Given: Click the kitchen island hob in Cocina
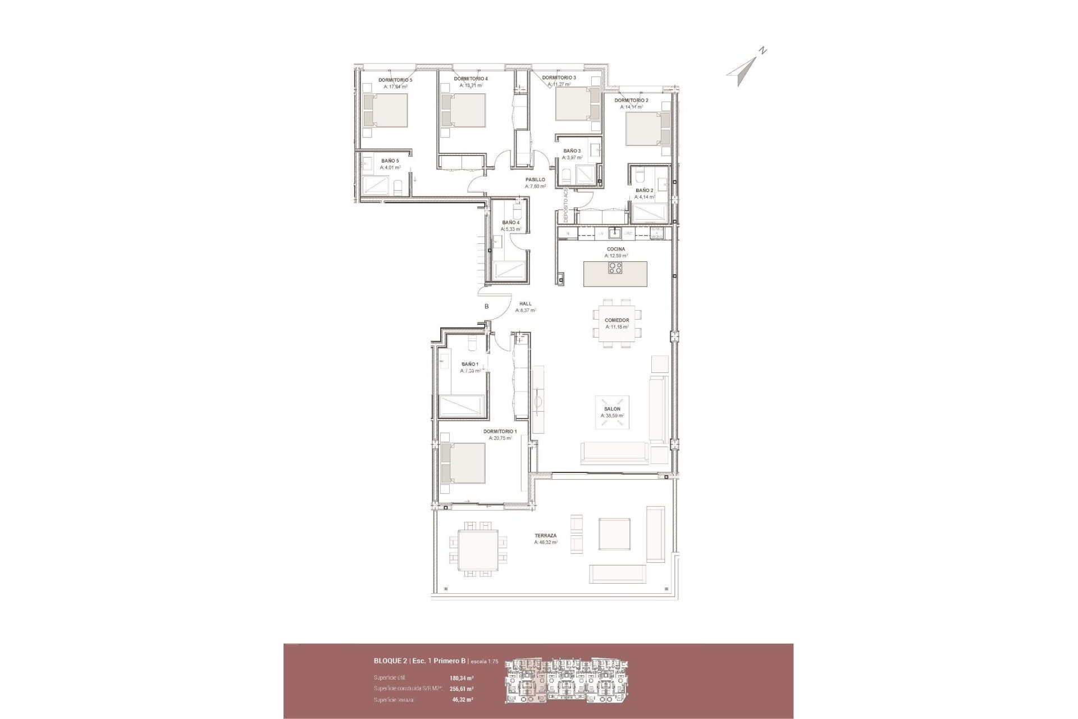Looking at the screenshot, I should pyautogui.click(x=615, y=269).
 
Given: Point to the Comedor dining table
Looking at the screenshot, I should pyautogui.click(x=617, y=327).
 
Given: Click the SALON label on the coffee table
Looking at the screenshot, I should pyautogui.click(x=612, y=409).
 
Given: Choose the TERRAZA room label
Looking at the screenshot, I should pyautogui.click(x=546, y=535).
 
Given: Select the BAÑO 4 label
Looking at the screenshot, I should pyautogui.click(x=511, y=222).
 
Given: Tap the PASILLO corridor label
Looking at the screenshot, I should pyautogui.click(x=535, y=180).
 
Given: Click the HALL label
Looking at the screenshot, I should pyautogui.click(x=526, y=304).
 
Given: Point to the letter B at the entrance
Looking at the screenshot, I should pyautogui.click(x=487, y=307).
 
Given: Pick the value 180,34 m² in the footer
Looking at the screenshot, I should pyautogui.click(x=462, y=678).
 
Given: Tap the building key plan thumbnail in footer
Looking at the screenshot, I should pyautogui.click(x=568, y=680).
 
